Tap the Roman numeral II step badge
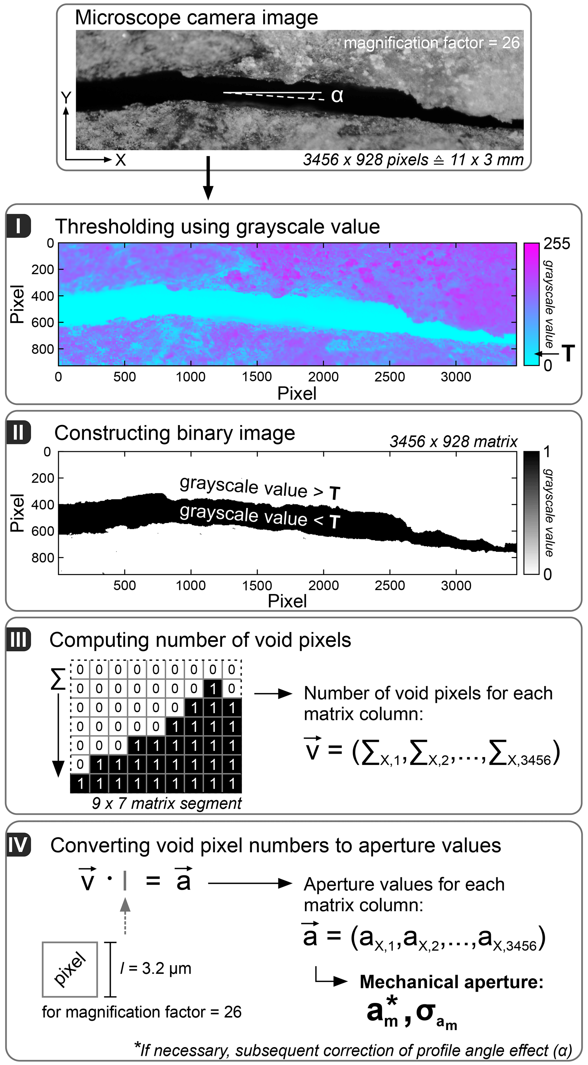(18, 433)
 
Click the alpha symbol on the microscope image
(337, 96)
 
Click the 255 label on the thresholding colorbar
(557, 244)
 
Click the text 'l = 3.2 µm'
(156, 969)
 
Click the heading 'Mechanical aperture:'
(451, 982)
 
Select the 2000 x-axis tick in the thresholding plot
(323, 377)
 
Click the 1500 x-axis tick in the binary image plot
(257, 586)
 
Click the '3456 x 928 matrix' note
(453, 442)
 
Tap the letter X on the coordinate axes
(120, 160)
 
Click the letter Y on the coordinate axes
(66, 98)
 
